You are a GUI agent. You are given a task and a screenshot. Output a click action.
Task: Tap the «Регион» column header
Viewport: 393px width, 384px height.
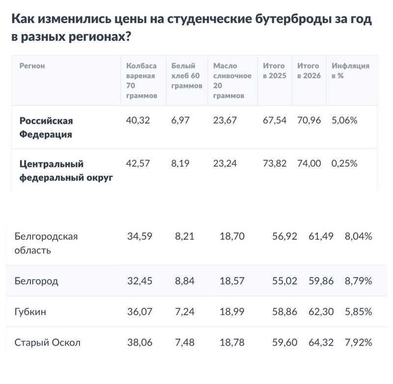click(32, 65)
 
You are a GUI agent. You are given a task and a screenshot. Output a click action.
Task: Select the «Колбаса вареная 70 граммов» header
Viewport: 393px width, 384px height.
click(141, 81)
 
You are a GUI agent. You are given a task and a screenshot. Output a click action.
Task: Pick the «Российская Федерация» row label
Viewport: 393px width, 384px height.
click(46, 127)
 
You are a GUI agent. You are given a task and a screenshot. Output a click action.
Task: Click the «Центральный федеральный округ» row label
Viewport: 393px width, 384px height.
click(66, 170)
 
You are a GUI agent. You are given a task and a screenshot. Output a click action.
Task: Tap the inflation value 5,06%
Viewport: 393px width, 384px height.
click(344, 120)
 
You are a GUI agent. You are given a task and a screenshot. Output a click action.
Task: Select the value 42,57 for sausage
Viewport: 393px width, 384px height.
click(138, 164)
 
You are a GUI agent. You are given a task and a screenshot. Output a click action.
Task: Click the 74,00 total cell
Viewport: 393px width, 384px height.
click(309, 164)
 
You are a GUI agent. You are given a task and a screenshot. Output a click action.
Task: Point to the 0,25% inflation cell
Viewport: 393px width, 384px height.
click(344, 164)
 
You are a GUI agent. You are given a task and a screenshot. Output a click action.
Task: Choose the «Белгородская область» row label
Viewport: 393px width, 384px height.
click(47, 243)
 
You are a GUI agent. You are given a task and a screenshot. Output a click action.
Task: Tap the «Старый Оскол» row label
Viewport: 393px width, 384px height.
click(48, 343)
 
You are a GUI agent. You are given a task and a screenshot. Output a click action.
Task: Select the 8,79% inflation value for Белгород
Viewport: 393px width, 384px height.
click(358, 281)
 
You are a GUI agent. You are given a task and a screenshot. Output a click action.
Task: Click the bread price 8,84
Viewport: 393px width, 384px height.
click(185, 281)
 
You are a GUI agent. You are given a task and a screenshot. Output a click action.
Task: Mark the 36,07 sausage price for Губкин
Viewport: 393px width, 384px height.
click(140, 312)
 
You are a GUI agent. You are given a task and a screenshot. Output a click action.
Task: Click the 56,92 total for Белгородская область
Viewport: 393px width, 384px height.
click(284, 236)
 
